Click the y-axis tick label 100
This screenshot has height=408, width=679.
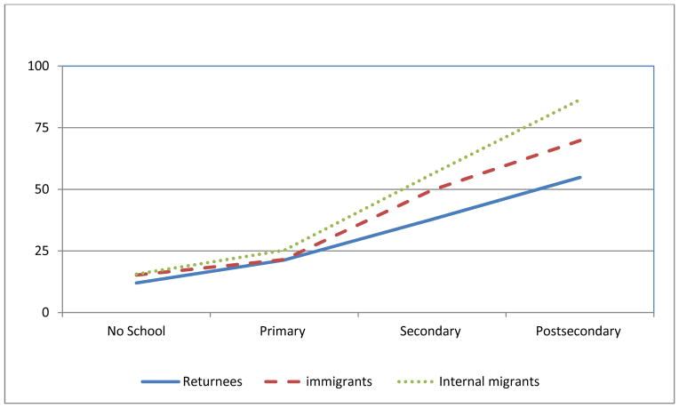(39, 66)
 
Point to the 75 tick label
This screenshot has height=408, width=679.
(42, 127)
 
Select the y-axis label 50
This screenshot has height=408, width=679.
(42, 189)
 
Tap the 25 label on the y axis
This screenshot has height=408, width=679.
(42, 251)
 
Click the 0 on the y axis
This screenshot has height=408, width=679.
(45, 313)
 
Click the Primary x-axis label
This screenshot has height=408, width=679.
(284, 332)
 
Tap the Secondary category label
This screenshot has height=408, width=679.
(431, 332)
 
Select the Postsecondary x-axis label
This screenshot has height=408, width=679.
(579, 332)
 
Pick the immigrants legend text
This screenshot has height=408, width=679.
(338, 382)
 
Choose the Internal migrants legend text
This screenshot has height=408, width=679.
(490, 382)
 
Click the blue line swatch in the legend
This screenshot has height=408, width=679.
(160, 382)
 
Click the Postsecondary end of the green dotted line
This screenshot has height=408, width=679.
(579, 100)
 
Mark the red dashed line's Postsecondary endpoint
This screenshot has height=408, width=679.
(579, 140)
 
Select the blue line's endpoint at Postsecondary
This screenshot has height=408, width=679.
(579, 177)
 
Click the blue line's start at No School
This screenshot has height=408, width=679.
(136, 283)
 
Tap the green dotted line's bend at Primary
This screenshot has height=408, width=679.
(284, 251)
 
